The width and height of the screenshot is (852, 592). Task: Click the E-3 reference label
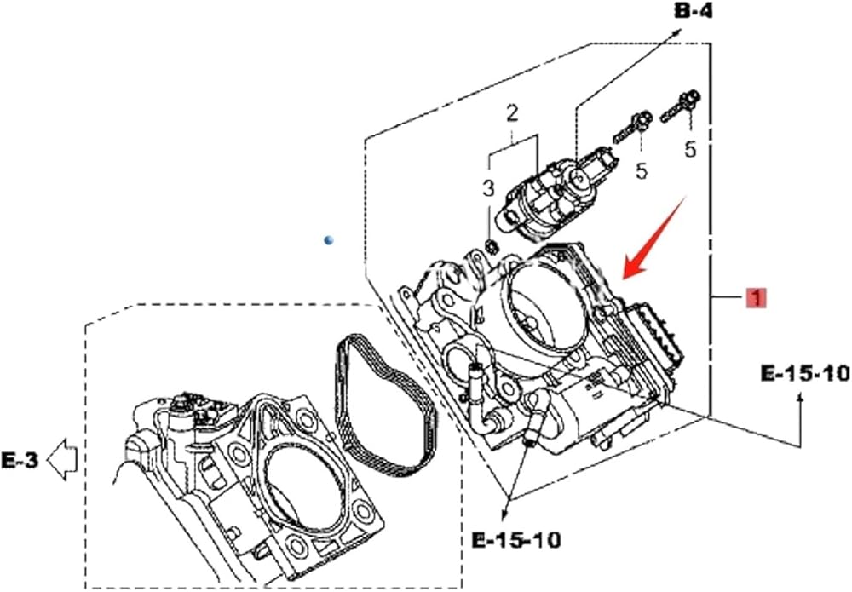click(20, 461)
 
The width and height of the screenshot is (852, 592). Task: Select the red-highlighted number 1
click(756, 297)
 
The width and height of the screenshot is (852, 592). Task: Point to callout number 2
click(512, 113)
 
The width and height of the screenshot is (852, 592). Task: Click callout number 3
click(488, 188)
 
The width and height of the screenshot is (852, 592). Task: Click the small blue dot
click(328, 239)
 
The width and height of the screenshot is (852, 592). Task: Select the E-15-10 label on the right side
click(805, 374)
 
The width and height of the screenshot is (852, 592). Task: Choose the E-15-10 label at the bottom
click(515, 539)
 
